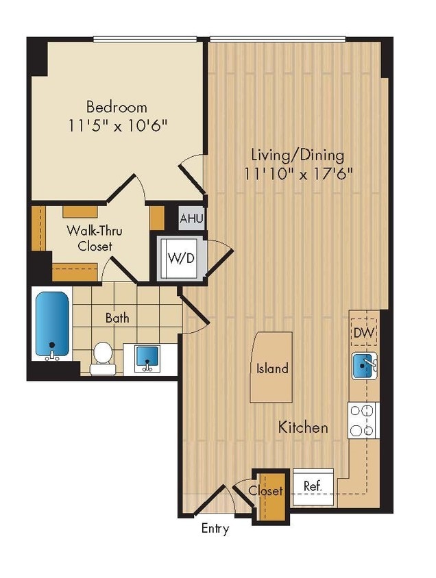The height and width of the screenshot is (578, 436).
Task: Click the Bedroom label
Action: pyautogui.click(x=117, y=107)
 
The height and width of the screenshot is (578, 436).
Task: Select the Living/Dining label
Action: pyautogui.click(x=298, y=154)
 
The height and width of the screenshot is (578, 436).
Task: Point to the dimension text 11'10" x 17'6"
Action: pyautogui.click(x=298, y=173)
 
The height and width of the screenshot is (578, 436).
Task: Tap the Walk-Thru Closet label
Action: pyautogui.click(x=89, y=238)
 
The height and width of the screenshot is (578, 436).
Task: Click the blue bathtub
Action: pyautogui.click(x=52, y=324)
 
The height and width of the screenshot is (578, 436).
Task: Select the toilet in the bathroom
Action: pyautogui.click(x=102, y=356)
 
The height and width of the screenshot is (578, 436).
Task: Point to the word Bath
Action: pyautogui.click(x=117, y=318)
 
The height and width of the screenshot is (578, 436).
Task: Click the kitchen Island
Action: pyautogui.click(x=271, y=367)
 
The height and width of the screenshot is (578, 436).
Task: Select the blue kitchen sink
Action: pyautogui.click(x=363, y=366)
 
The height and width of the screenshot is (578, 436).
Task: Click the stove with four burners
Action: pyautogui.click(x=363, y=420)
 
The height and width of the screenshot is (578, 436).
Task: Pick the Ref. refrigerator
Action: pyautogui.click(x=313, y=486)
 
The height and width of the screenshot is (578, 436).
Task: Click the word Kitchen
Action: pyautogui.click(x=302, y=427)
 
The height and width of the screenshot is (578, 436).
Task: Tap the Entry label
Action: pyautogui.click(x=215, y=529)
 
